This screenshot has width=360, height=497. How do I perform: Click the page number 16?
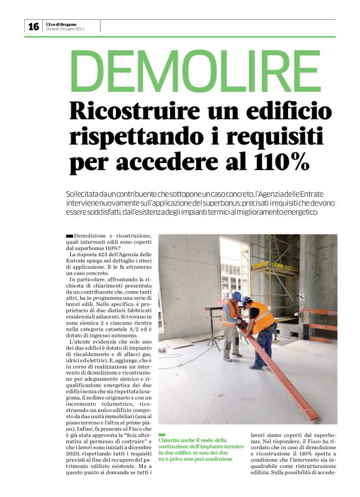tap(33, 26)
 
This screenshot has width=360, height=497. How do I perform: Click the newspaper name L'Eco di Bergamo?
tap(61, 24)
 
